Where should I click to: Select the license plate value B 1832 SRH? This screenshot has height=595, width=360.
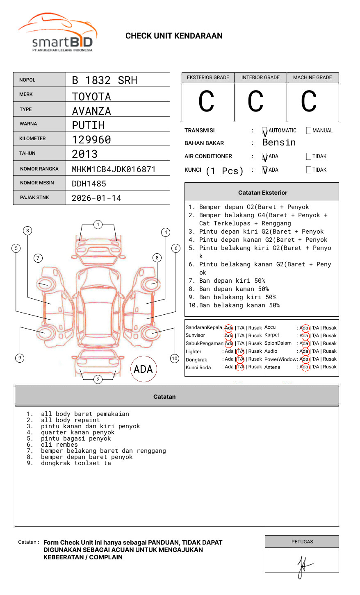tap(105, 80)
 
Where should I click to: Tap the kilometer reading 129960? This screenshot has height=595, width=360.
tap(91, 140)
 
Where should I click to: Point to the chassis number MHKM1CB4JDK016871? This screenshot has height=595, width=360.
tap(114, 169)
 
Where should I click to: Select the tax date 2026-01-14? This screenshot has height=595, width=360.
tap(96, 198)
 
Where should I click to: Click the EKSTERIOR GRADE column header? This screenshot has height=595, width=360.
tap(208, 77)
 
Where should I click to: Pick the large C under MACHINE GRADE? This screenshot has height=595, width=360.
tap(309, 102)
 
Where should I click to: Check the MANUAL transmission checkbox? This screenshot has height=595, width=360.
tap(309, 131)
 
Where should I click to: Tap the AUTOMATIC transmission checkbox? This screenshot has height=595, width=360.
tap(265, 131)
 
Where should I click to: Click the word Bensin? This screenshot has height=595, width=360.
tap(279, 143)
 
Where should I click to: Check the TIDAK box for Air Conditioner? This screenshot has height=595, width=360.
tap(309, 157)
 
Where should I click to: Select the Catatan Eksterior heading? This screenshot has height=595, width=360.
tap(262, 193)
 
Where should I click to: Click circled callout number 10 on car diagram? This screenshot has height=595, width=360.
tap(175, 359)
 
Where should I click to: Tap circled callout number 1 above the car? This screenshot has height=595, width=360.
tap(98, 224)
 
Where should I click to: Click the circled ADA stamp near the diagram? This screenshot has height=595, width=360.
tap(144, 369)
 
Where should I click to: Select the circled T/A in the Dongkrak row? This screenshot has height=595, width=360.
tap(240, 359)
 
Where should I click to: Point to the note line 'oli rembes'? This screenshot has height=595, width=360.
tap(59, 445)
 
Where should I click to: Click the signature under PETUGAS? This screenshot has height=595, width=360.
tap(303, 565)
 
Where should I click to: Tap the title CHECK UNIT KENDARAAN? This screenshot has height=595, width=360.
tap(174, 36)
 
